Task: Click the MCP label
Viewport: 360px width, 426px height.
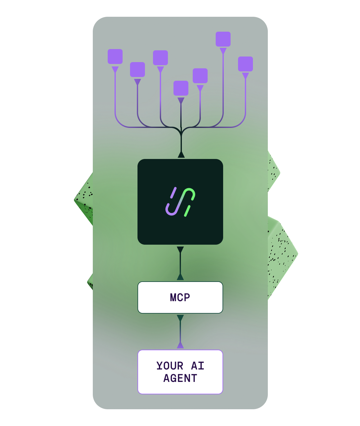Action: click(x=180, y=297)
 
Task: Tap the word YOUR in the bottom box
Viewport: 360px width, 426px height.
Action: click(x=170, y=366)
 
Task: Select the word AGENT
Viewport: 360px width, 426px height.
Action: click(x=180, y=378)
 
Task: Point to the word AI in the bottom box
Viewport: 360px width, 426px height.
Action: click(x=198, y=366)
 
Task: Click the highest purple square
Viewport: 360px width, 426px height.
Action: click(x=223, y=39)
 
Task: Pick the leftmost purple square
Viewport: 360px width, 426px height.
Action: click(x=115, y=57)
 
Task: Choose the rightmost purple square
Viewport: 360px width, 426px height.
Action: click(x=245, y=64)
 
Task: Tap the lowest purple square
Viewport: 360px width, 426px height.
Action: click(x=181, y=88)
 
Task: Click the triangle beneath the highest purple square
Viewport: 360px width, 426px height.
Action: click(x=223, y=51)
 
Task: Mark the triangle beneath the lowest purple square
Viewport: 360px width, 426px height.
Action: click(x=181, y=100)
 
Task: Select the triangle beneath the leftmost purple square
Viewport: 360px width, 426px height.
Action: click(x=115, y=69)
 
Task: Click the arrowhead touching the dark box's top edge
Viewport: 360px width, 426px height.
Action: click(x=181, y=155)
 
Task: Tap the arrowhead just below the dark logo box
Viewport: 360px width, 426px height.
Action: click(x=180, y=250)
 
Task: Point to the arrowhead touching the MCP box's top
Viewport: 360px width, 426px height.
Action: click(x=180, y=277)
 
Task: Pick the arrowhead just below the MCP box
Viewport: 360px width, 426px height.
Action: click(x=180, y=318)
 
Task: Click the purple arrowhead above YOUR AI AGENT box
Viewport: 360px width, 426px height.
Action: click(x=180, y=345)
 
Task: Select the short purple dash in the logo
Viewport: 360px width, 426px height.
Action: click(x=173, y=193)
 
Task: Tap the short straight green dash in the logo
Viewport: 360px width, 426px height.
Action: click(x=187, y=211)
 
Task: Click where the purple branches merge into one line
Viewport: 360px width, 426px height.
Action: click(x=181, y=130)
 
